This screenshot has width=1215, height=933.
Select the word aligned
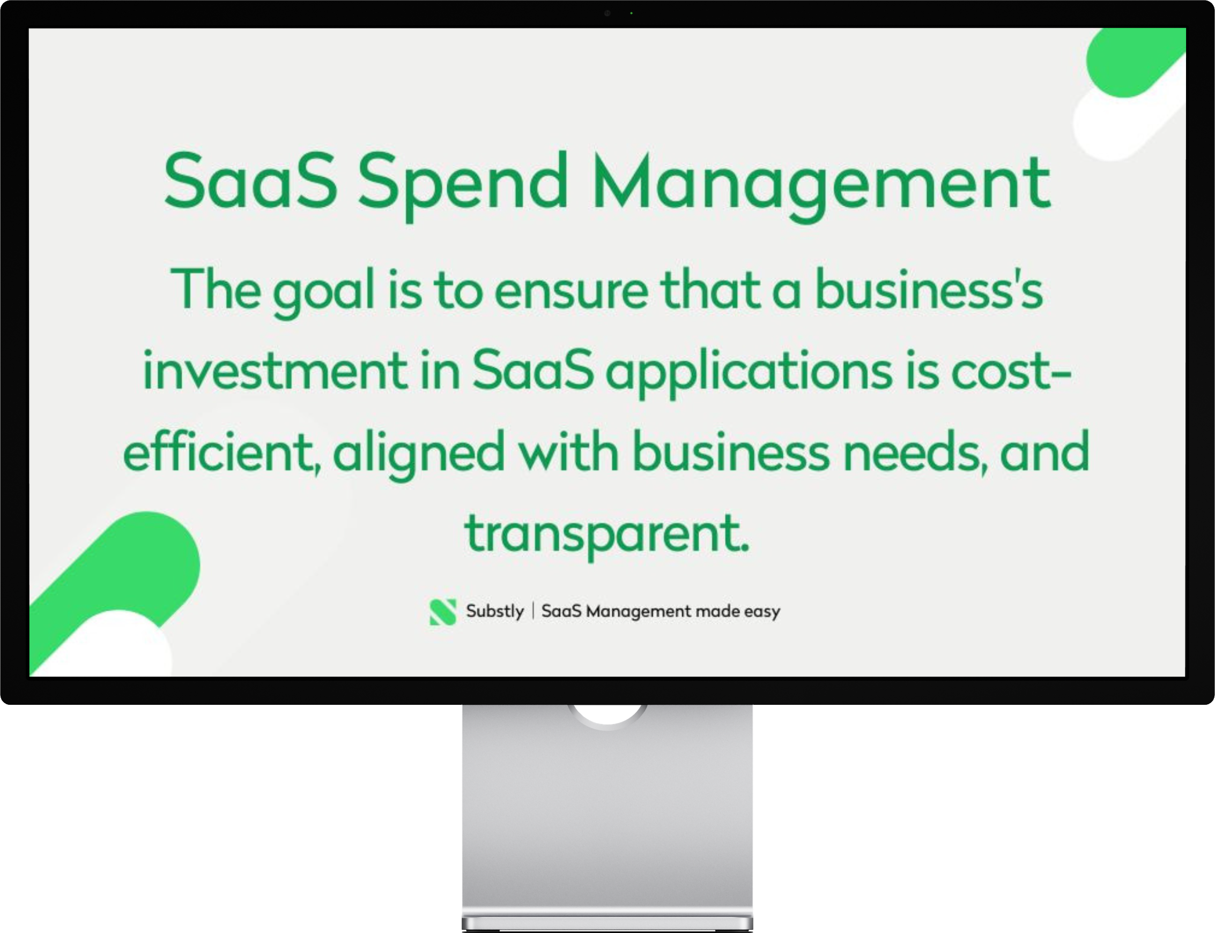(419, 452)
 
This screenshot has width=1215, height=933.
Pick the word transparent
(607, 533)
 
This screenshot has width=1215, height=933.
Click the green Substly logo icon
(443, 612)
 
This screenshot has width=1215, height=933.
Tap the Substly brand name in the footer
(495, 612)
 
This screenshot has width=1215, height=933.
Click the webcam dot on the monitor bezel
(607, 13)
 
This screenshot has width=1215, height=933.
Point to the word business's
(929, 291)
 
